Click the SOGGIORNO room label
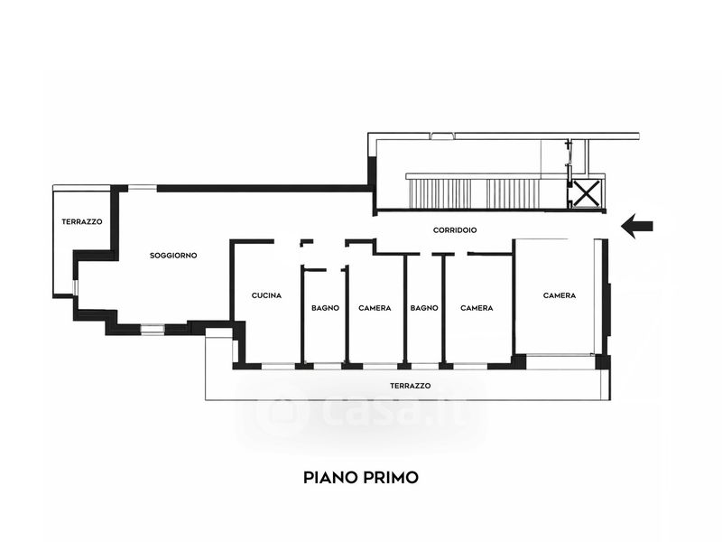[173, 256]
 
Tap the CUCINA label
[266, 295]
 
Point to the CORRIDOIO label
[454, 230]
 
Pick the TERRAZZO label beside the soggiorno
[81, 222]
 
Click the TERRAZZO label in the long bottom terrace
[410, 386]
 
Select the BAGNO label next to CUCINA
[325, 308]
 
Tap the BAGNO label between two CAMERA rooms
[424, 308]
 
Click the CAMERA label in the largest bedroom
[559, 295]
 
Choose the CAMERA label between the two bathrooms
[375, 308]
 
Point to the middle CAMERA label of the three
[477, 308]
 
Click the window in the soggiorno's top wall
[141, 188]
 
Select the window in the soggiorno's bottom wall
[153, 330]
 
